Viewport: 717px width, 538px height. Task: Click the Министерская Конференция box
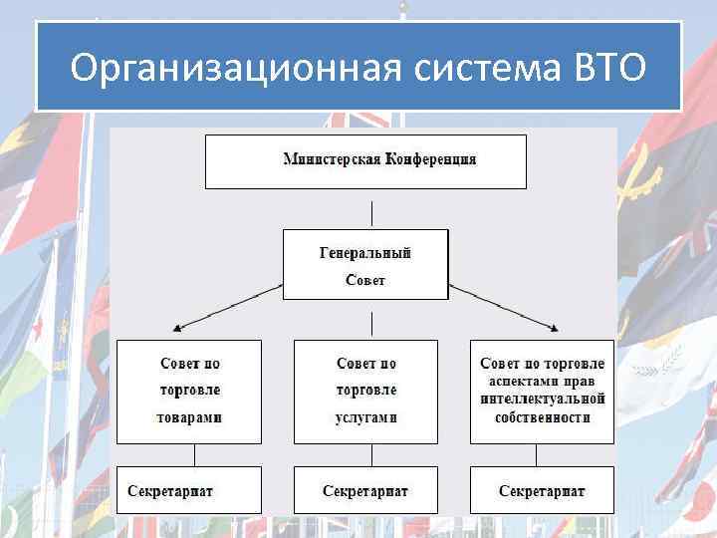(365, 161)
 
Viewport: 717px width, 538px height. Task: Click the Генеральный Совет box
(365, 264)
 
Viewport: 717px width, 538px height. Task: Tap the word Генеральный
(365, 253)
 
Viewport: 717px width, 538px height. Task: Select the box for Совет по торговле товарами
(189, 391)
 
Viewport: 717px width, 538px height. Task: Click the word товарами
(189, 416)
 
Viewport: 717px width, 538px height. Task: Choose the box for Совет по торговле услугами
(365, 391)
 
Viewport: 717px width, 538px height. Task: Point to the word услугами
(365, 416)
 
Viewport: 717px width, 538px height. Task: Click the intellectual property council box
(542, 391)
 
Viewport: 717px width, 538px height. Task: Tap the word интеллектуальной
(542, 400)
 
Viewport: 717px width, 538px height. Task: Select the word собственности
(542, 416)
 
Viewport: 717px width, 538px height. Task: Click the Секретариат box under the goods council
(189, 490)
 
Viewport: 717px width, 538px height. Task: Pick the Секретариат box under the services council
(365, 490)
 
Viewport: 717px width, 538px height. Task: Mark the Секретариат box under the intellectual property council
(542, 490)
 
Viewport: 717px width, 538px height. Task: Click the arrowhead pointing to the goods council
(177, 327)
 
